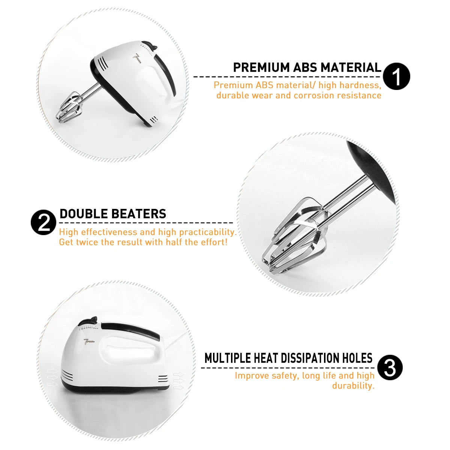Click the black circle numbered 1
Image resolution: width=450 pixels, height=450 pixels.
tap(396, 76)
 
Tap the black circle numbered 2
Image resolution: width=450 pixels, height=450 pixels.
tap(44, 222)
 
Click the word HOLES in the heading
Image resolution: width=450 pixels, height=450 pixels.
tap(357, 358)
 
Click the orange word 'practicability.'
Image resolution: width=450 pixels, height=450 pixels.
tap(207, 232)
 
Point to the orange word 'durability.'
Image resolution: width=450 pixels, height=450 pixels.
tap(353, 385)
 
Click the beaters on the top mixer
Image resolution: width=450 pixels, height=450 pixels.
tap(70, 107)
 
